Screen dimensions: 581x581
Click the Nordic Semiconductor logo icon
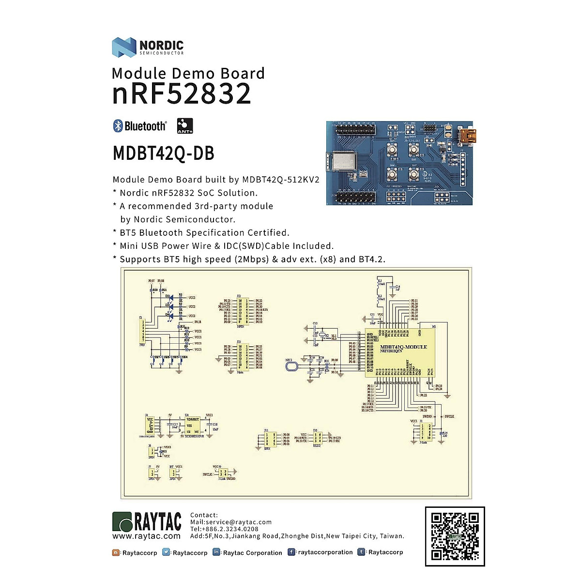point(124,47)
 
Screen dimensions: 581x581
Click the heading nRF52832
point(182,93)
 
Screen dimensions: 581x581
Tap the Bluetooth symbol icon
point(118,126)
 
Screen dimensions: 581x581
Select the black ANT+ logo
point(185,126)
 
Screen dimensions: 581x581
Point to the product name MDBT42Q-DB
point(163,153)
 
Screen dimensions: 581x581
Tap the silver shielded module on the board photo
point(342,162)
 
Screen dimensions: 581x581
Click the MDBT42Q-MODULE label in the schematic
point(403,347)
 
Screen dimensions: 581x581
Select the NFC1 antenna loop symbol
point(291,367)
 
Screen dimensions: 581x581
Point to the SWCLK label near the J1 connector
point(449,416)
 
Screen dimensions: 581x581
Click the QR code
point(455,536)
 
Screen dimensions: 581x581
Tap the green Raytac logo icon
point(122,522)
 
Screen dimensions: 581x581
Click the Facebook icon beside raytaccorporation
point(291,552)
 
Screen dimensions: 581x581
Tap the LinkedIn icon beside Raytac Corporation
point(216,552)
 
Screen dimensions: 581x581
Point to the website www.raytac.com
point(146,536)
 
